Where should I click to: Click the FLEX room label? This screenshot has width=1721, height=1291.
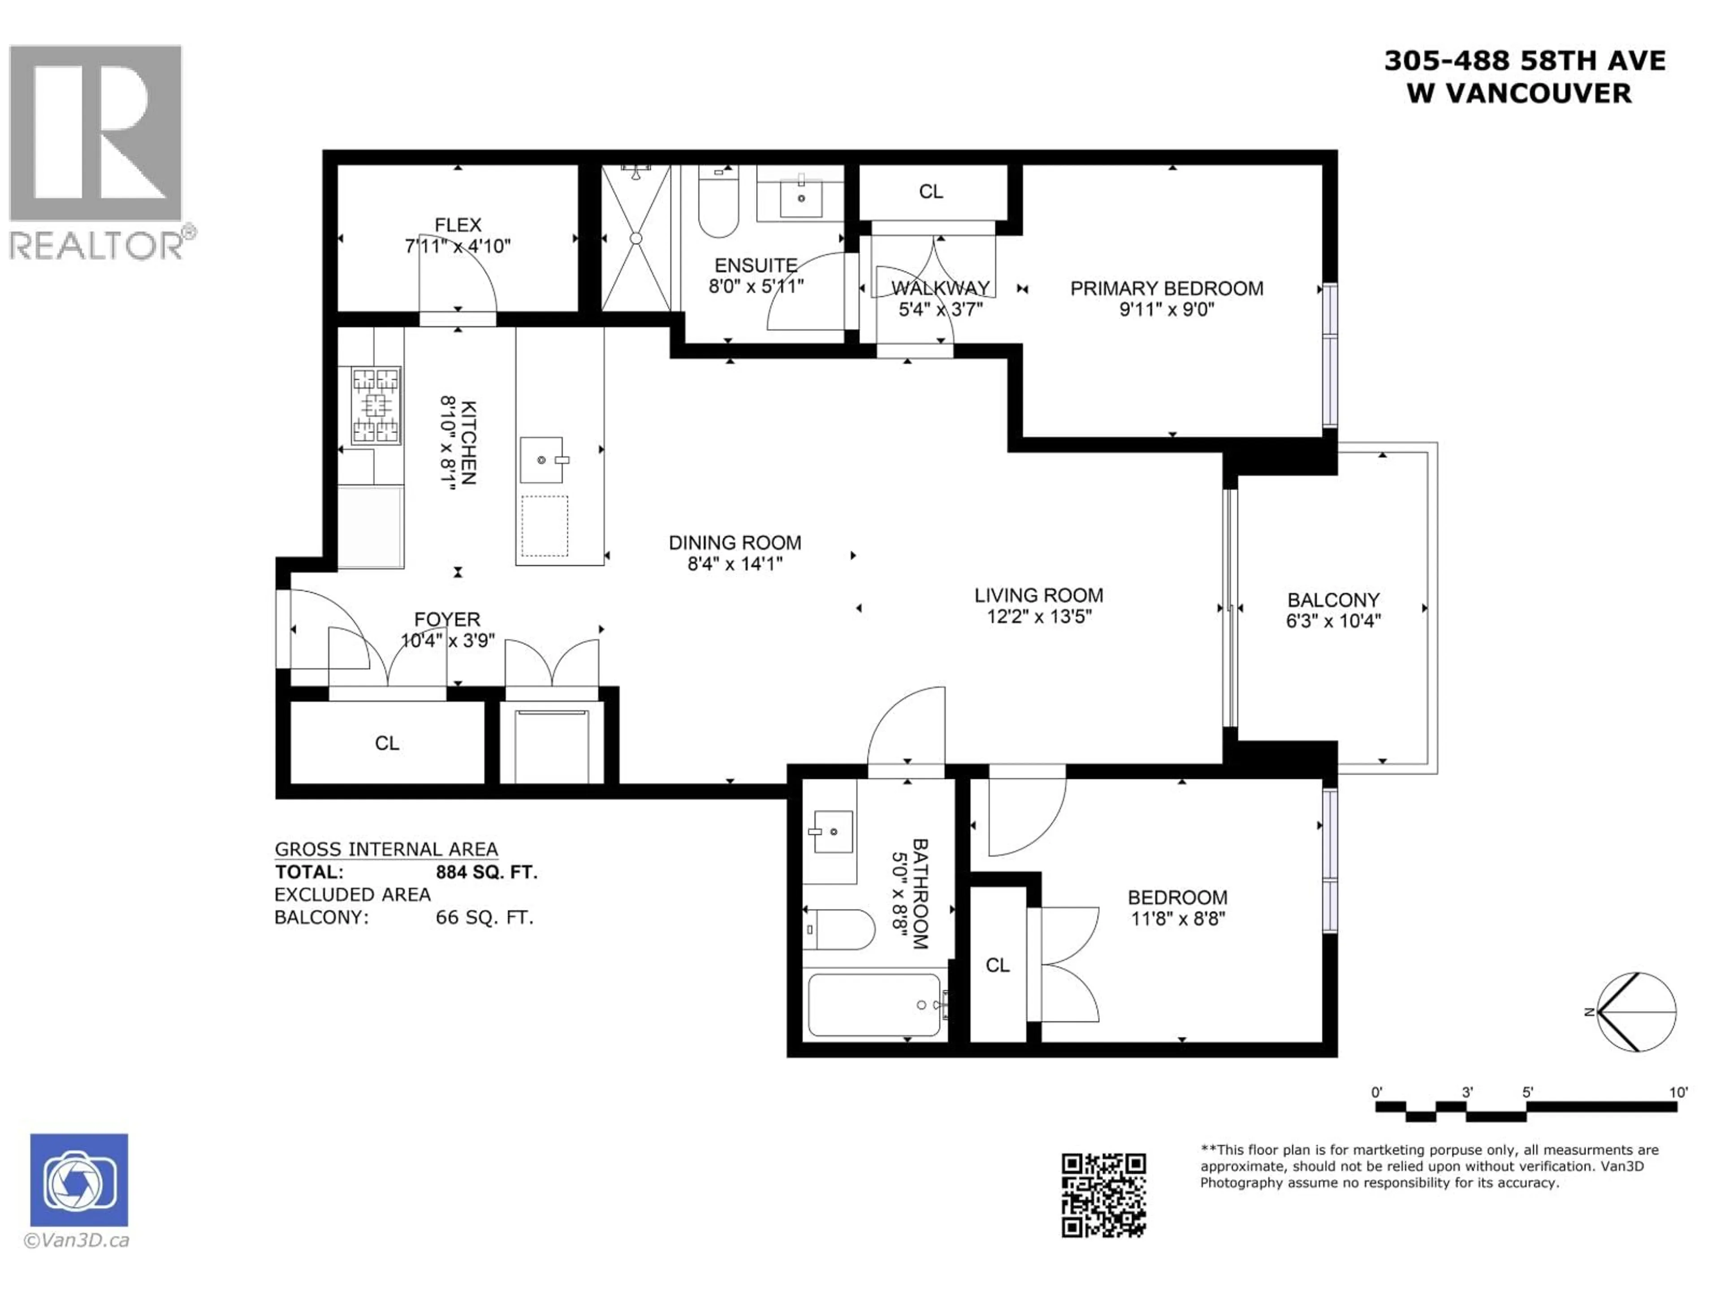point(458,225)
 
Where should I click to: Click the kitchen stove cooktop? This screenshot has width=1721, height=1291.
point(376,405)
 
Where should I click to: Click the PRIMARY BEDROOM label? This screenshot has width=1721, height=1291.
point(1166,289)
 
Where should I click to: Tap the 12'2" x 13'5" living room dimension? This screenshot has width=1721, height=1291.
point(1038,616)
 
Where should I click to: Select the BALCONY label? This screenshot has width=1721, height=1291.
point(1333,600)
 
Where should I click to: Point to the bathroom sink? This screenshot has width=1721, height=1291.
point(832,831)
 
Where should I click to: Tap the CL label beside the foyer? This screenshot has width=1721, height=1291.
point(387,743)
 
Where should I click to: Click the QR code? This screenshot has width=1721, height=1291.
point(1103,1195)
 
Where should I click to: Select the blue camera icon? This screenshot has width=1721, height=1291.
point(79,1180)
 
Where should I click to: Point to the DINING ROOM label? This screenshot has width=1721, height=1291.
point(735,542)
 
